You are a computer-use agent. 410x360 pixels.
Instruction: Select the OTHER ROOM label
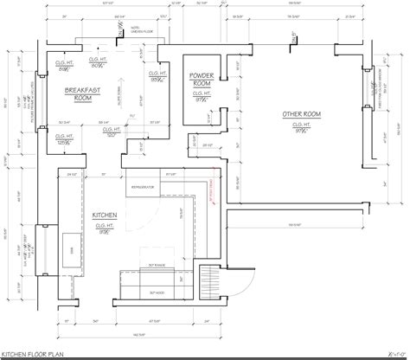(x=302, y=114)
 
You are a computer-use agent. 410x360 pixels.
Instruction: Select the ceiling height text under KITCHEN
(x=106, y=228)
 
